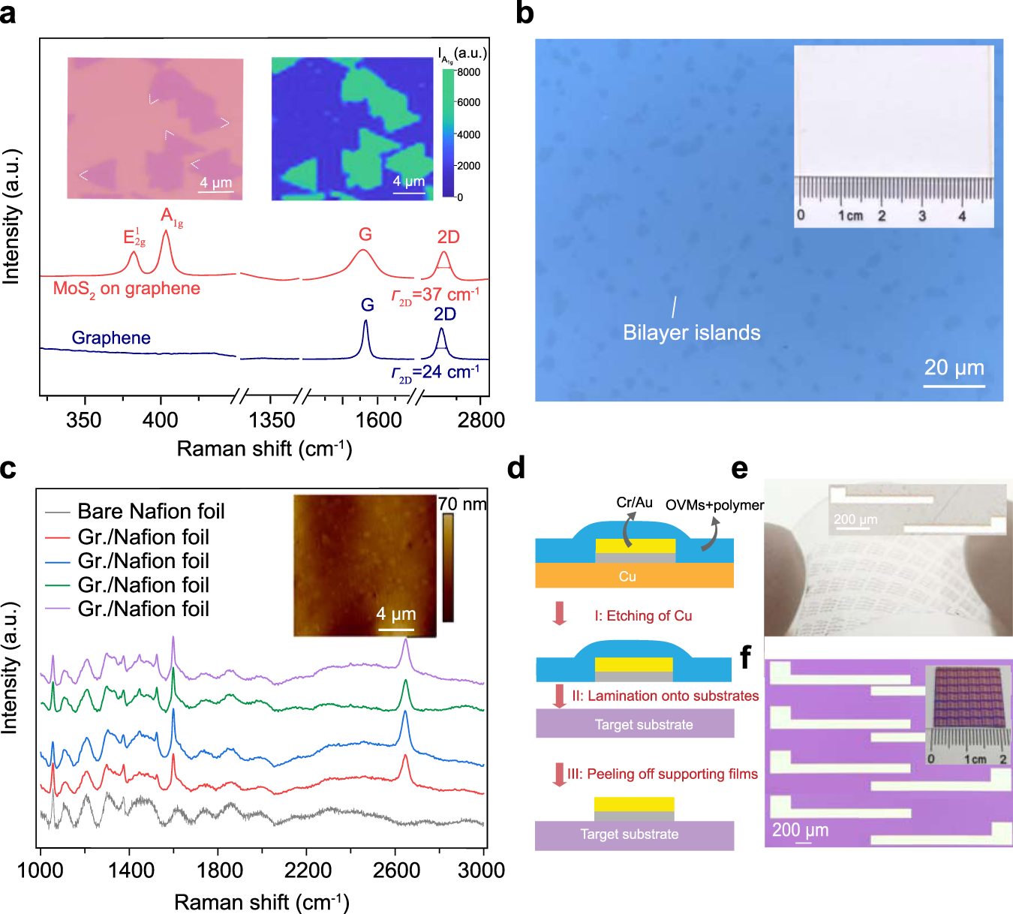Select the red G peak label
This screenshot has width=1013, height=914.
tap(365, 234)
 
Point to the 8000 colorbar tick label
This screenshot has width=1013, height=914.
tap(468, 72)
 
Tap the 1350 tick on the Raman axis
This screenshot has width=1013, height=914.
tap(272, 419)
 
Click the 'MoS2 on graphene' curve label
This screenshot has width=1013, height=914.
tap(126, 290)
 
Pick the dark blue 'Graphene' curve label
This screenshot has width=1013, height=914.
tap(111, 338)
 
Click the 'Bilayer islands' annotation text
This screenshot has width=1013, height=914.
tap(691, 332)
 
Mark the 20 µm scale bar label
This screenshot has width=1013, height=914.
tap(954, 367)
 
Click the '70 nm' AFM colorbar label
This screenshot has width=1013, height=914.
tap(462, 504)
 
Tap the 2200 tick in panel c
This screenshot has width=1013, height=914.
tap(308, 870)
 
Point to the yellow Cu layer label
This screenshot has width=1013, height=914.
tap(627, 576)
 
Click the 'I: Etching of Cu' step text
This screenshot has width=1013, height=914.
tap(643, 616)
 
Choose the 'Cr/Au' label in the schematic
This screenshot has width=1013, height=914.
tap(634, 503)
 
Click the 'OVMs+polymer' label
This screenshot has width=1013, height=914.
tap(714, 505)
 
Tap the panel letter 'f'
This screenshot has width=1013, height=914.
tap(744, 657)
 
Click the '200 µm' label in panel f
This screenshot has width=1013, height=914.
tap(800, 830)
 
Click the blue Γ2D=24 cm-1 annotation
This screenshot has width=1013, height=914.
tap(435, 373)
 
